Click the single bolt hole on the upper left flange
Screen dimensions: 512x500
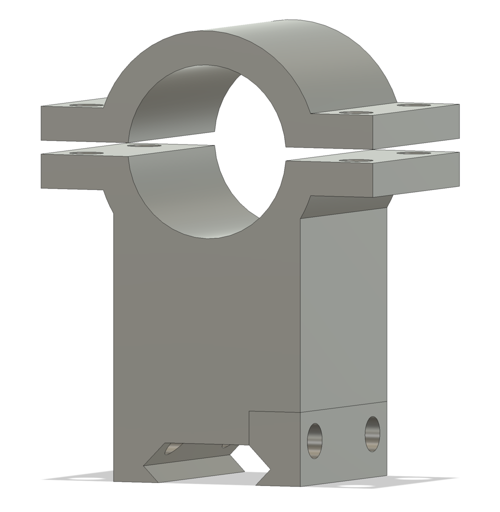tap(86, 105)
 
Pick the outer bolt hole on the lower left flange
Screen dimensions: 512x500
tap(86, 152)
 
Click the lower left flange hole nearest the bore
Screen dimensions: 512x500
tap(144, 145)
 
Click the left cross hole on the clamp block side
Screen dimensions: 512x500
tap(314, 440)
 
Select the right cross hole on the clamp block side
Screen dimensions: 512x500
tap(372, 433)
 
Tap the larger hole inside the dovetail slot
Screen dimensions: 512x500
tap(170, 449)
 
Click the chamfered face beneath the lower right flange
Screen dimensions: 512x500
tap(345, 205)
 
